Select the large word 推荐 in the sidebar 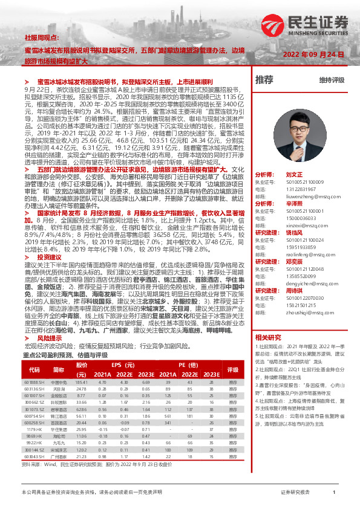pyautogui.click(x=264, y=80)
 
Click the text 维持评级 pyautogui.click(x=332, y=80)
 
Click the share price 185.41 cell pyautogui.click(x=82, y=382)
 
